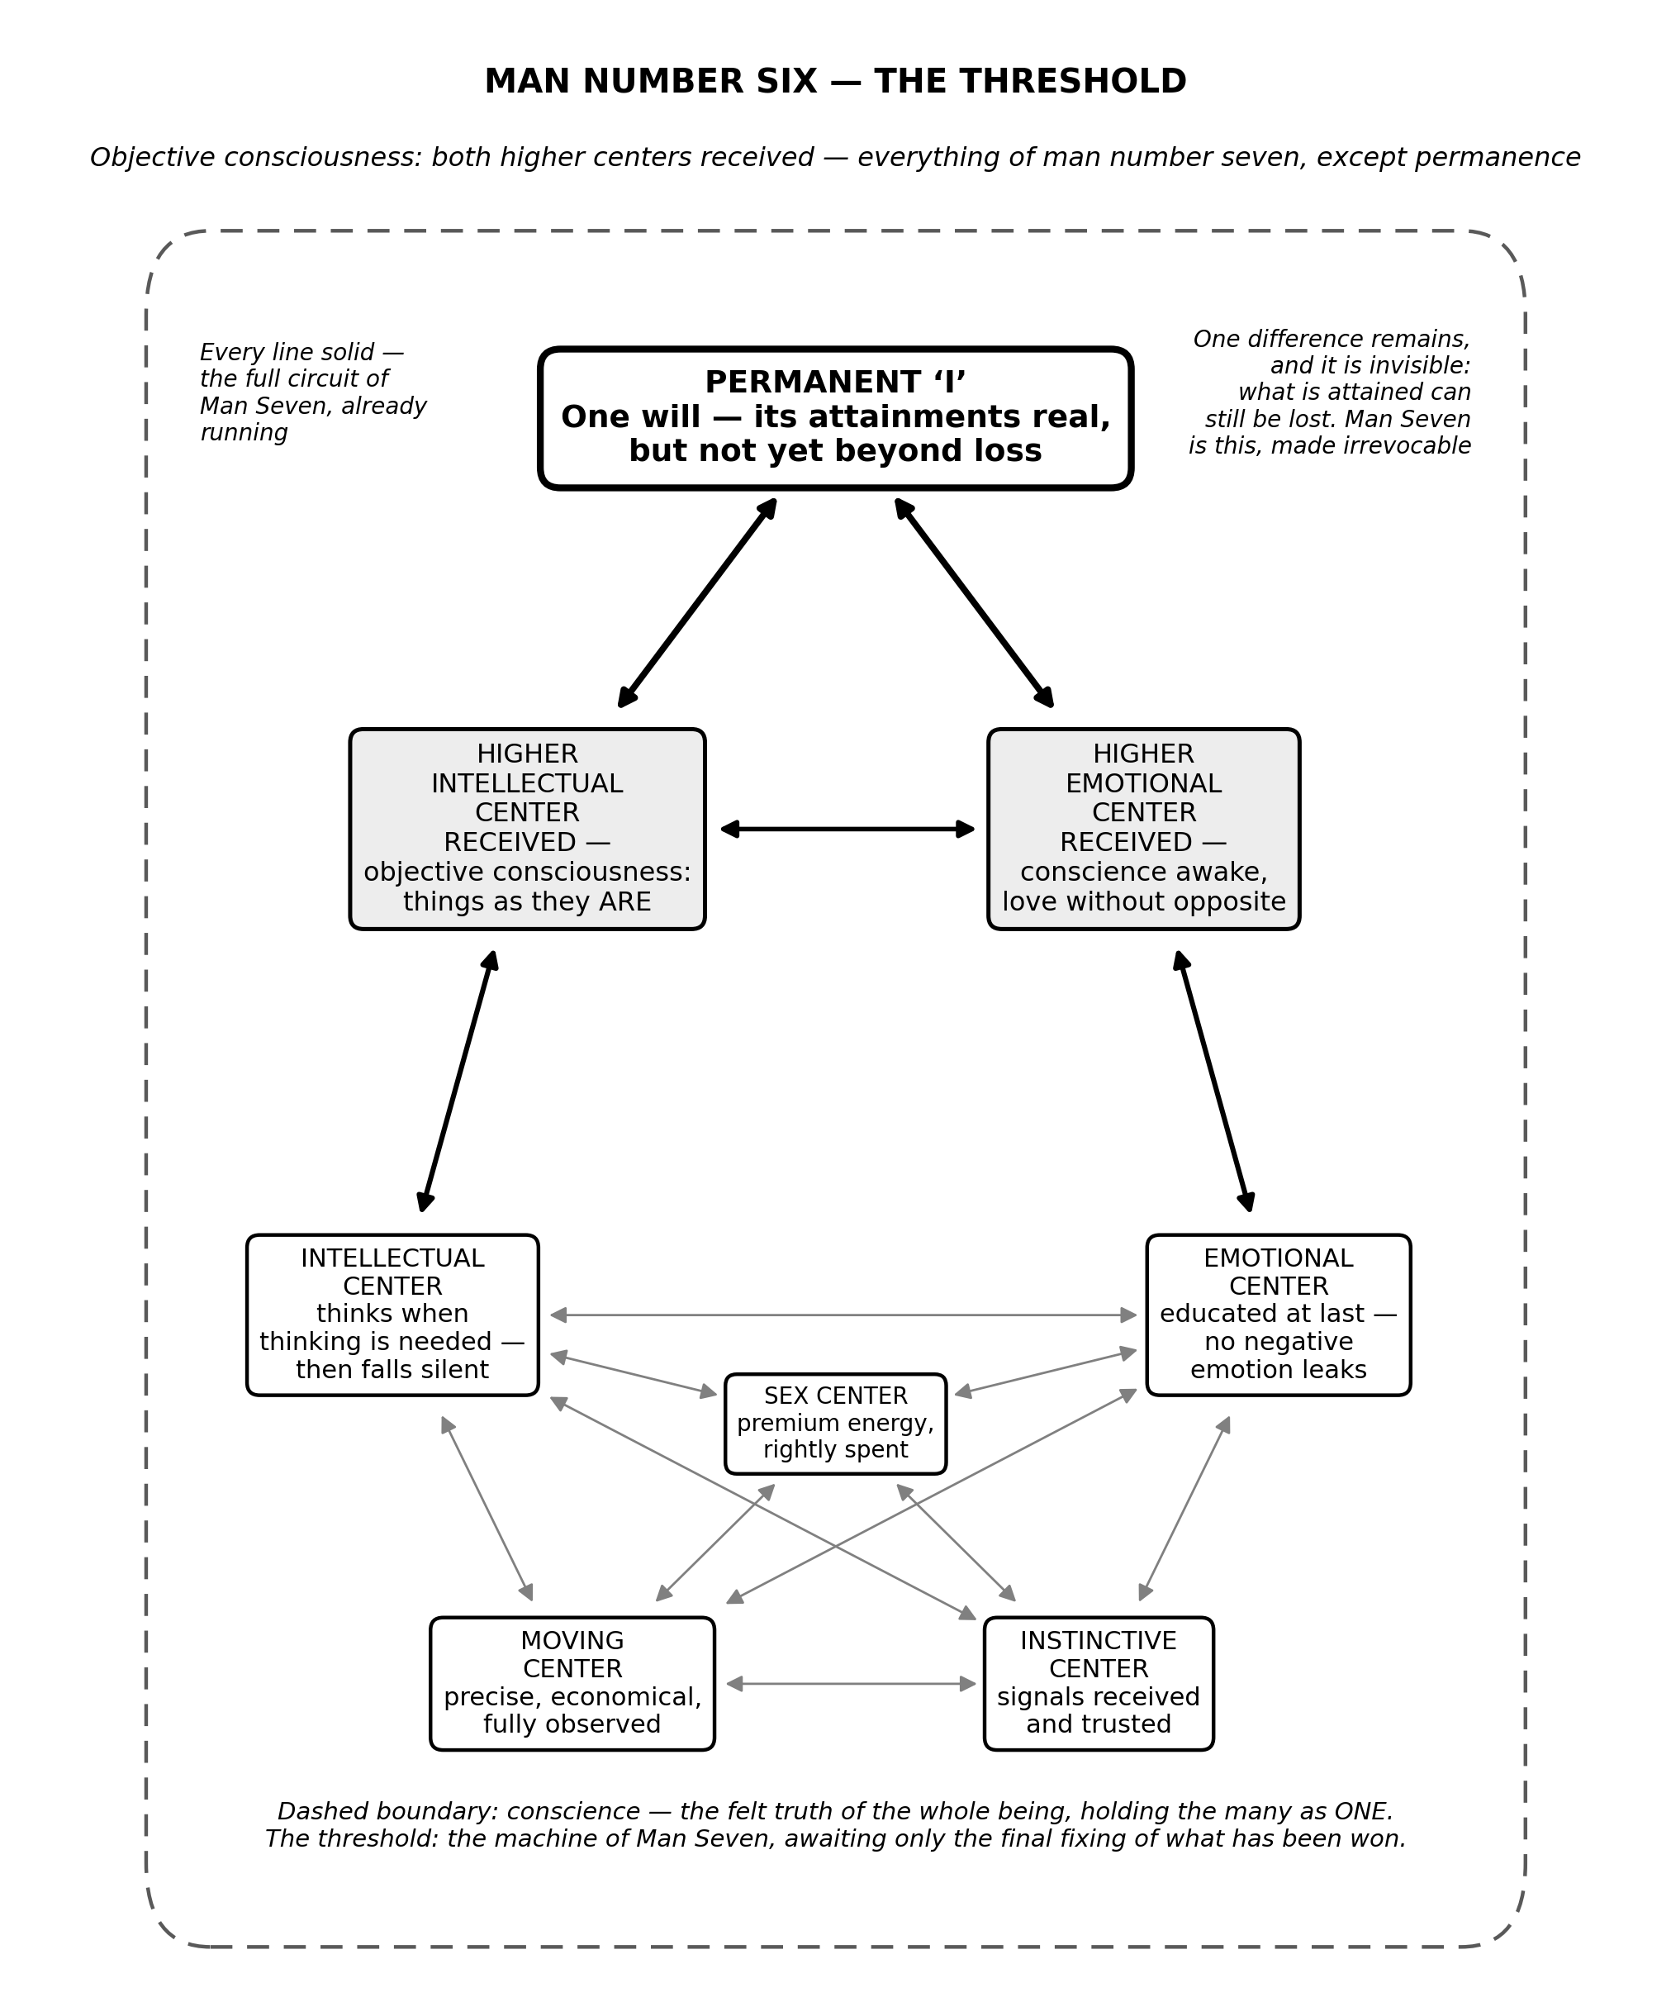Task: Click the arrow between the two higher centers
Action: (x=847, y=830)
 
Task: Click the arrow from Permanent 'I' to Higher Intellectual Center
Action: (x=697, y=603)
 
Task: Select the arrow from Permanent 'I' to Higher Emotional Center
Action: (x=974, y=603)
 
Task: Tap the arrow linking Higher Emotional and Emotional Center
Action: (x=1213, y=1081)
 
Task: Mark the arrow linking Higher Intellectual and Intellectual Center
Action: (x=458, y=1081)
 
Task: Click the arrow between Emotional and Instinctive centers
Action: (x=1184, y=1508)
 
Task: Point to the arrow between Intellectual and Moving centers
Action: (x=487, y=1508)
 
